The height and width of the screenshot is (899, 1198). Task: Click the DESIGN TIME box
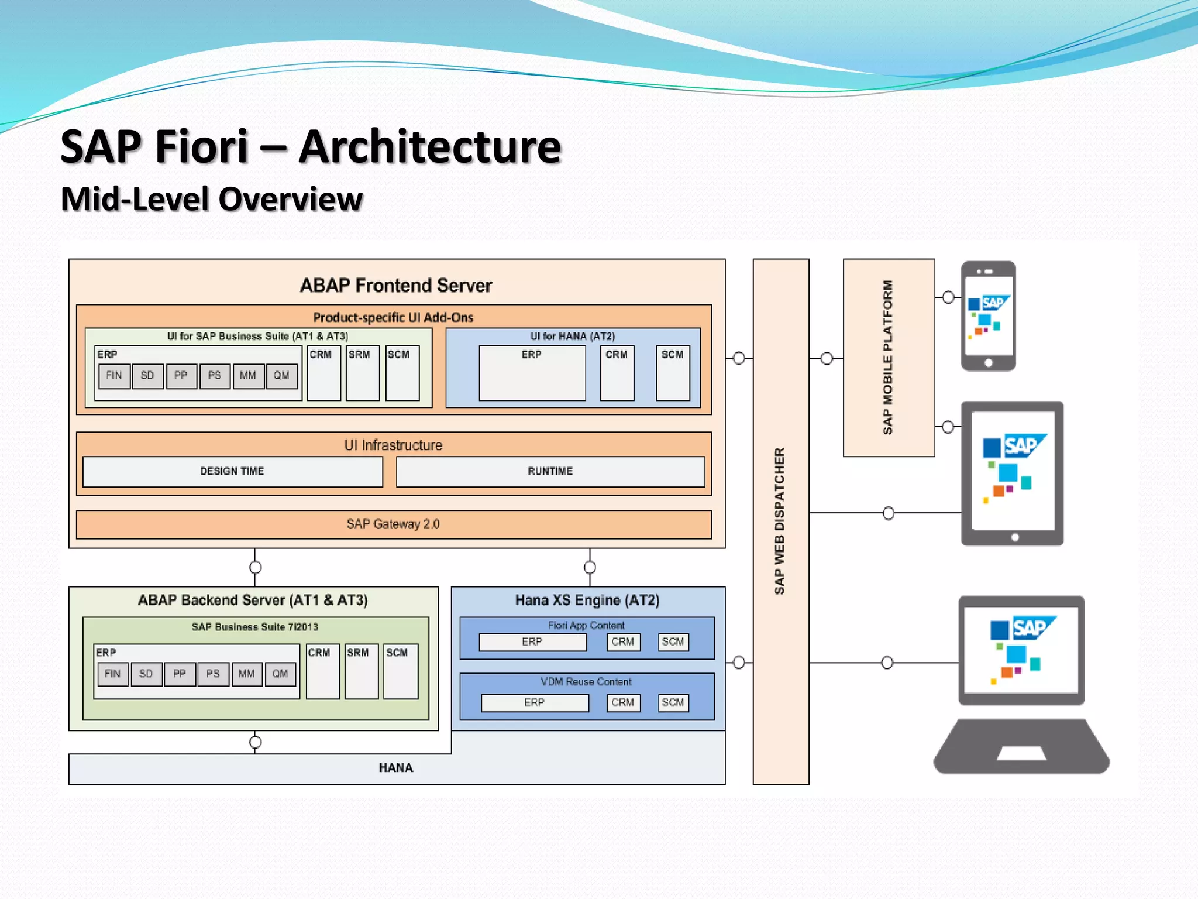click(232, 471)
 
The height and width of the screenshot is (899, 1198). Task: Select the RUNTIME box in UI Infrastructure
click(550, 471)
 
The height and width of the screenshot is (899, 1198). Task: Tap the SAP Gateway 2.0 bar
click(393, 524)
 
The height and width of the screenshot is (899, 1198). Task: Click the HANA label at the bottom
click(396, 767)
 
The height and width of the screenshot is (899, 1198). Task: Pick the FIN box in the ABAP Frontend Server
click(114, 376)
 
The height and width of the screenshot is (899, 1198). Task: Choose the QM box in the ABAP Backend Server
click(280, 674)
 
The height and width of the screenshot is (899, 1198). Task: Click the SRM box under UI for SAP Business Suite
click(362, 373)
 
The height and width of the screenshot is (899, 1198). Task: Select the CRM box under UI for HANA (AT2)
click(617, 373)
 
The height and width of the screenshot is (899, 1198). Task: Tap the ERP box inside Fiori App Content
click(532, 642)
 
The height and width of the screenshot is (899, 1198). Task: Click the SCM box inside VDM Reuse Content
click(673, 702)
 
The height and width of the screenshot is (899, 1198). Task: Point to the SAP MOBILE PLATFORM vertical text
click(888, 357)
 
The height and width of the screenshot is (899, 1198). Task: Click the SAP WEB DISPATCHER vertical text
click(780, 521)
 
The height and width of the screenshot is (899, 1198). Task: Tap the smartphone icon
click(988, 316)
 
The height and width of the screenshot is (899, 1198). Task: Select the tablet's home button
click(1015, 537)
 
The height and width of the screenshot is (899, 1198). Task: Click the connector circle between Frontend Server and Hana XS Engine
click(590, 567)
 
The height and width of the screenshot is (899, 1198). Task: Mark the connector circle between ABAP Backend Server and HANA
click(255, 742)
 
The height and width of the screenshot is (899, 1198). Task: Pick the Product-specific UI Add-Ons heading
click(393, 317)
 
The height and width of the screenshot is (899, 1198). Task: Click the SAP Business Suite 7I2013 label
click(254, 627)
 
